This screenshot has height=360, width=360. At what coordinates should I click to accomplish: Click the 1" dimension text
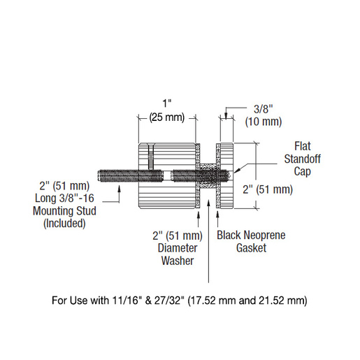click(167, 103)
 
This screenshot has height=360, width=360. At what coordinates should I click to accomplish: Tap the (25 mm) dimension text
click(167, 117)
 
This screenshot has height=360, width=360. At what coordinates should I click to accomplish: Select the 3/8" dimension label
click(264, 109)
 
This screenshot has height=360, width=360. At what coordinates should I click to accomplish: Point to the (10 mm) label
click(264, 122)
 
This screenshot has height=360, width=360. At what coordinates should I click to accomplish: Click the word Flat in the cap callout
click(303, 146)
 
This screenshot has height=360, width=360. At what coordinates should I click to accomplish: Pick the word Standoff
click(303, 159)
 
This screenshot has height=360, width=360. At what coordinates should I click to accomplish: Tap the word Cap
click(303, 172)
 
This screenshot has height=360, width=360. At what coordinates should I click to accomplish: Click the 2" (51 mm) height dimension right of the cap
click(268, 189)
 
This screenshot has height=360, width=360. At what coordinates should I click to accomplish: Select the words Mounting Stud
click(64, 211)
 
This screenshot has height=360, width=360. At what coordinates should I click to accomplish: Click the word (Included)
click(64, 223)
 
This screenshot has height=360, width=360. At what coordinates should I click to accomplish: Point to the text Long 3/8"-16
click(64, 198)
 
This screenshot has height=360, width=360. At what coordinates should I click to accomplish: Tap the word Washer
click(178, 261)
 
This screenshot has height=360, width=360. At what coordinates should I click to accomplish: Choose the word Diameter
click(178, 248)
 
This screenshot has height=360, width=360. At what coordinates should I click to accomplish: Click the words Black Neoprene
click(251, 235)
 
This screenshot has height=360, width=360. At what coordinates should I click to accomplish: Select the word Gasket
click(251, 247)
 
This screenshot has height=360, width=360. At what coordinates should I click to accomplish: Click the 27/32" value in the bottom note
click(168, 301)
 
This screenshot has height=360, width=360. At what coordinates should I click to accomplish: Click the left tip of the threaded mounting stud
click(98, 175)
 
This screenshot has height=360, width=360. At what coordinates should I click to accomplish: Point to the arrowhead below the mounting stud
click(120, 188)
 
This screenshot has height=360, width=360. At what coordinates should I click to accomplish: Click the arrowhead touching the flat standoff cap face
click(236, 171)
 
